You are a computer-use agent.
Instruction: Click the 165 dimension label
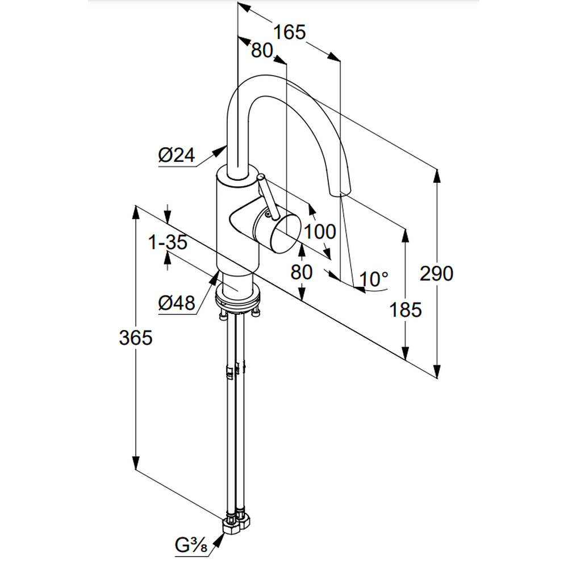(290, 32)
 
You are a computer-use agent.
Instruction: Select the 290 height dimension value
(437, 274)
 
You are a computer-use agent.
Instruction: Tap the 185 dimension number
(406, 310)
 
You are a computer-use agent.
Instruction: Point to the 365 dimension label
(136, 338)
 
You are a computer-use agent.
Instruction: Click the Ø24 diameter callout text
(176, 154)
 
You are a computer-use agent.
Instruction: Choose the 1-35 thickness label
(168, 243)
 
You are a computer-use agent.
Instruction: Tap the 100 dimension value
(320, 231)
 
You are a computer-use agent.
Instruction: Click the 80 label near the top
(262, 51)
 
